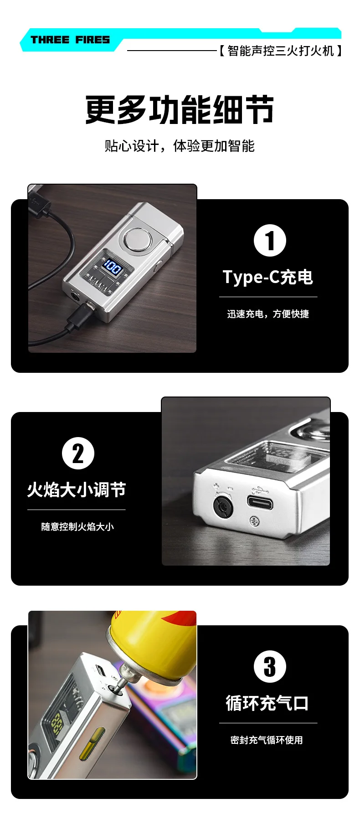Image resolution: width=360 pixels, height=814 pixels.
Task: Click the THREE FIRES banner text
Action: pyautogui.click(x=70, y=40)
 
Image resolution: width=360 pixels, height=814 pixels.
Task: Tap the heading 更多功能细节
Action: pyautogui.click(x=180, y=110)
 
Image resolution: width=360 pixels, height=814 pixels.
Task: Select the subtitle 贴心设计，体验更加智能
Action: pyautogui.click(x=180, y=146)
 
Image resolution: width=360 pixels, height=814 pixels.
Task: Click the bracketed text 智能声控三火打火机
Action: pyautogui.click(x=281, y=51)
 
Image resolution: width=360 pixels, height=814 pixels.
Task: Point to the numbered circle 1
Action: pyautogui.click(x=270, y=241)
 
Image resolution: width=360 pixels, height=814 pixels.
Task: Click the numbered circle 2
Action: pyautogui.click(x=78, y=453)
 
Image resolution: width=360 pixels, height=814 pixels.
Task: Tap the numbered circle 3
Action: pyautogui.click(x=270, y=666)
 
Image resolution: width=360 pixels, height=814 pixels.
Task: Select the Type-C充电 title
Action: pyautogui.click(x=268, y=277)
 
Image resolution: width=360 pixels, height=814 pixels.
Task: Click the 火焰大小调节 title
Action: pyautogui.click(x=76, y=490)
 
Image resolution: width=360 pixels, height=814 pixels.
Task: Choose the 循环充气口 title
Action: pyautogui.click(x=267, y=703)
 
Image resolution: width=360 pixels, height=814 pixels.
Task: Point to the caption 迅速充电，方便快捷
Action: pyautogui.click(x=268, y=314)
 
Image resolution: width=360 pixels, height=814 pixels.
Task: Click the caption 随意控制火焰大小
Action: pyautogui.click(x=77, y=527)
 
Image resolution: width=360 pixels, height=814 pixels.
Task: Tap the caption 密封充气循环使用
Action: pyautogui.click(x=267, y=740)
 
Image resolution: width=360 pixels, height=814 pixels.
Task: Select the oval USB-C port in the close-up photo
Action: pyautogui.click(x=260, y=503)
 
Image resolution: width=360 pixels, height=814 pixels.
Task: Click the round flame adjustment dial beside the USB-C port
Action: pyautogui.click(x=223, y=506)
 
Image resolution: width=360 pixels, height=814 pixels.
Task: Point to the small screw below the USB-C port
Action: pyautogui.click(x=254, y=519)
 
